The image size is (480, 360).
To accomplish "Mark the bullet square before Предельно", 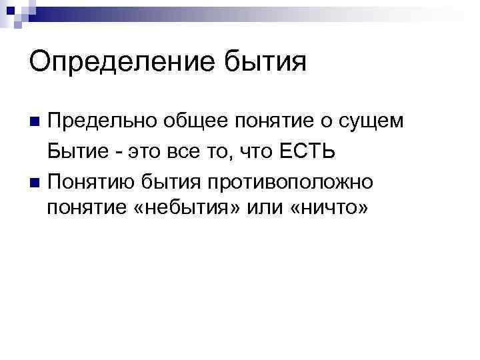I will (36, 122).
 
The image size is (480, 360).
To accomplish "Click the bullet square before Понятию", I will (36, 181).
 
